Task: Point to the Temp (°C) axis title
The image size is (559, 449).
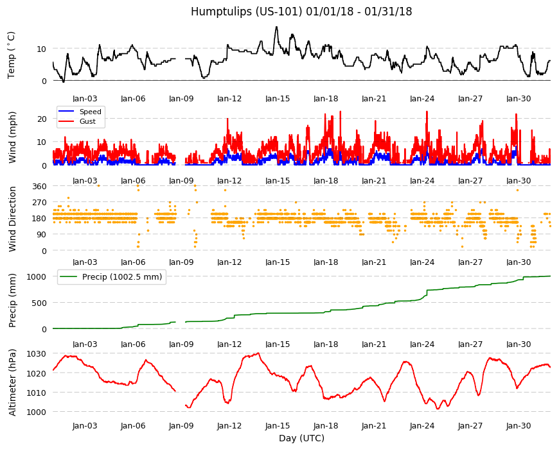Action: point(12,55)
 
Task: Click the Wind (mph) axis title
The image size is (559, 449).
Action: point(12,137)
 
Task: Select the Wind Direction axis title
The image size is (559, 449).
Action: point(12,219)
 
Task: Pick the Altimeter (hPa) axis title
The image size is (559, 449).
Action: point(12,382)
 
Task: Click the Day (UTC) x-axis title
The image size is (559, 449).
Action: point(301,438)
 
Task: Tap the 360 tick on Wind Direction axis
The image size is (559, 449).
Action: point(39,187)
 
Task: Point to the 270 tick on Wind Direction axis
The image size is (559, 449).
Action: point(39,203)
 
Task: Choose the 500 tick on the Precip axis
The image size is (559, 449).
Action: point(39,303)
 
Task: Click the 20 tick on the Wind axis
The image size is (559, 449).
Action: point(42,119)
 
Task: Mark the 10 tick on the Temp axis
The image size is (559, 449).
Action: point(42,49)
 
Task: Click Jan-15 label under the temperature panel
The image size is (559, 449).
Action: point(278,99)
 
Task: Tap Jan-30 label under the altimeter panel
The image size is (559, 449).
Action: point(519,426)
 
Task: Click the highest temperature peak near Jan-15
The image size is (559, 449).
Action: point(276,27)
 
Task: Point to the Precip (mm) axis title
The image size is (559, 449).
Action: point(12,301)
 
